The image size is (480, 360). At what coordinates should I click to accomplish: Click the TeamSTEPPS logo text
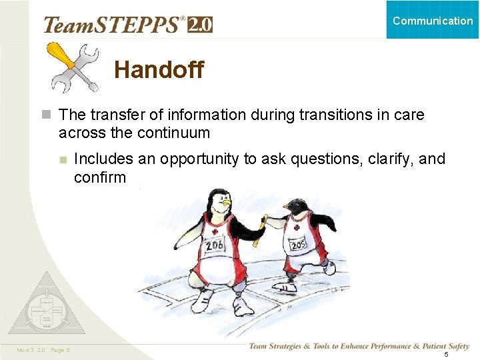tap(113, 25)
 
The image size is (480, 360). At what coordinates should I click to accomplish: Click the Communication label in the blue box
tap(433, 21)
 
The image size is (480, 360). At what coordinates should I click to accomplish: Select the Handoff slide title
tap(159, 69)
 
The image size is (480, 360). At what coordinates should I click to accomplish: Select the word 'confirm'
tap(99, 177)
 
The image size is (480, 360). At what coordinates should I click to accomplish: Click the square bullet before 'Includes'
tap(62, 159)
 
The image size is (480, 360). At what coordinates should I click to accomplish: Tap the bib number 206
tap(215, 245)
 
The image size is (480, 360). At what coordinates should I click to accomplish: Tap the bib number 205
tap(297, 245)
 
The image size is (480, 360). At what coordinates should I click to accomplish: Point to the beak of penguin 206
tap(227, 201)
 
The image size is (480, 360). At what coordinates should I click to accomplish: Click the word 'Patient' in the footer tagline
tap(428, 345)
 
